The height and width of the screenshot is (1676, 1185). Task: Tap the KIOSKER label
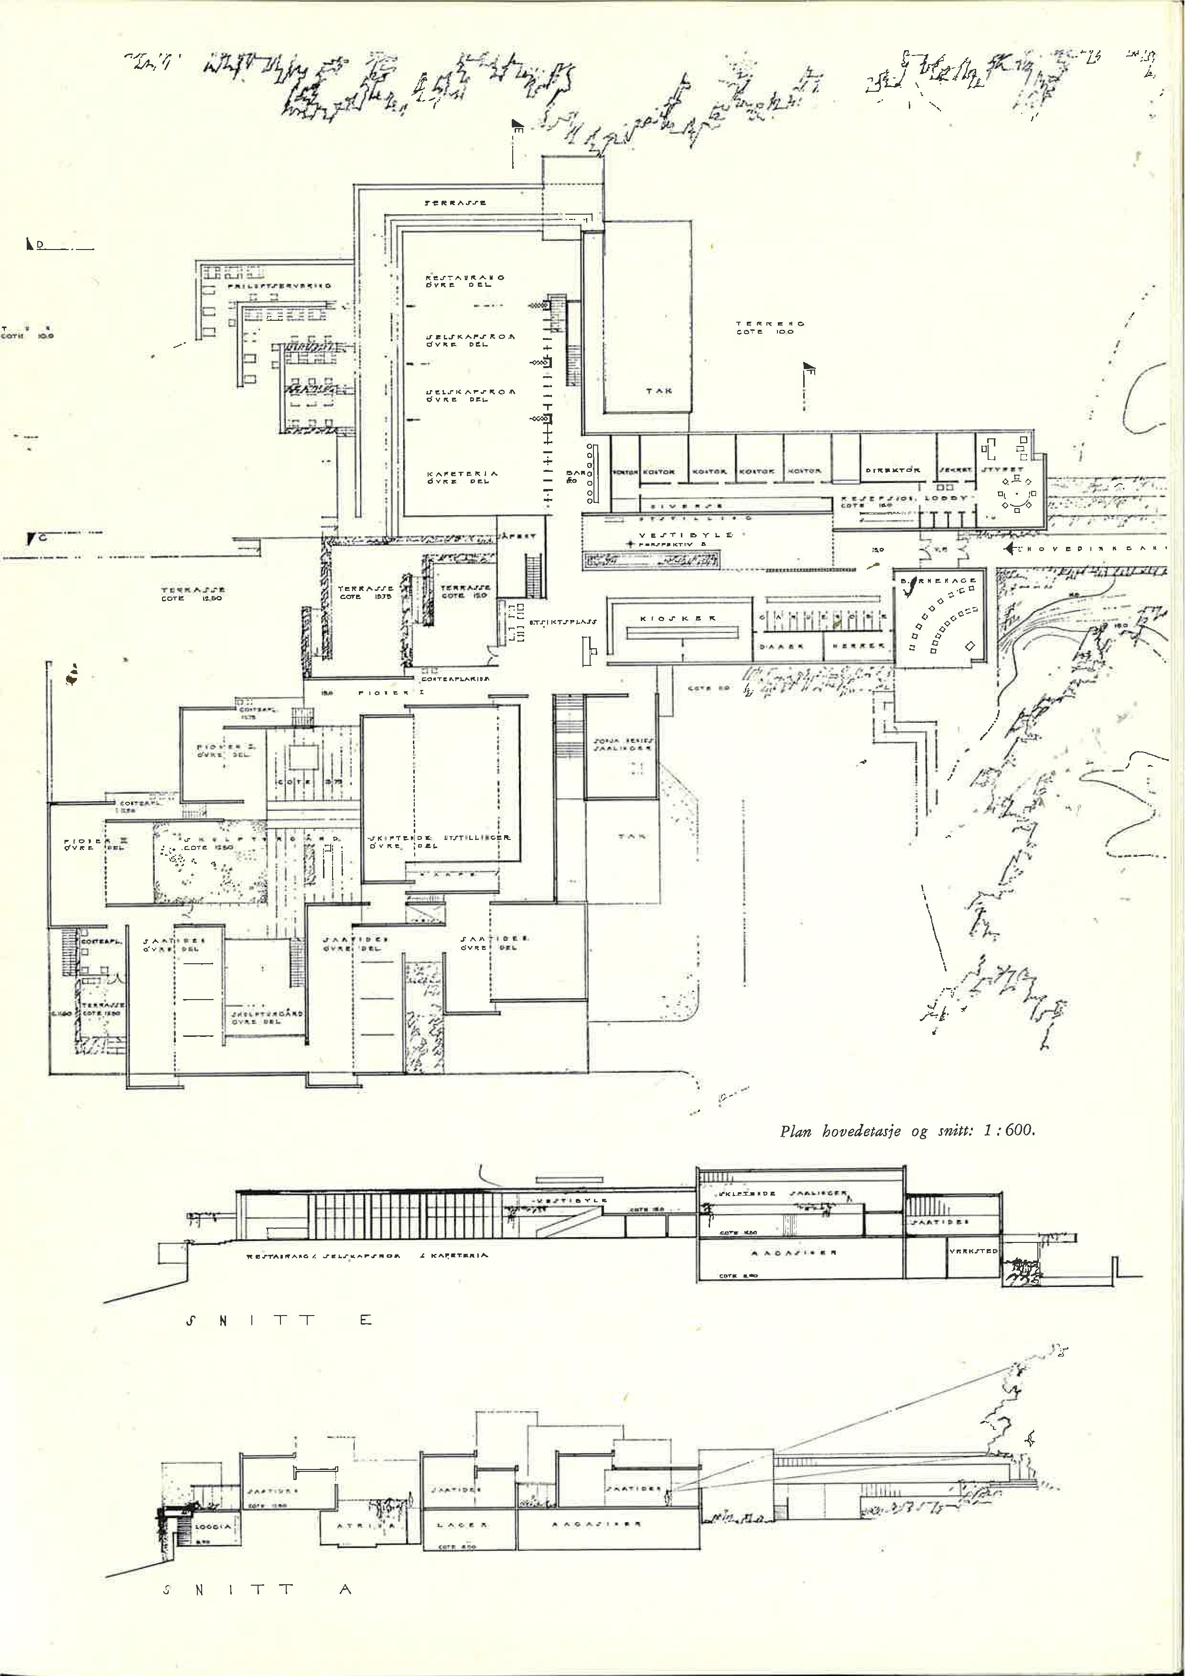[678, 618]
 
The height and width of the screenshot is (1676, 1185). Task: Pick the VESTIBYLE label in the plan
[686, 535]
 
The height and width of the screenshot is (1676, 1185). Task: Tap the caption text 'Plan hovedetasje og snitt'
[907, 1131]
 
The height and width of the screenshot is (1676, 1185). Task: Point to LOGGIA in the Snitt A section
[213, 1526]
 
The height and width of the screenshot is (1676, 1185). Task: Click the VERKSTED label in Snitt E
[973, 1251]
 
